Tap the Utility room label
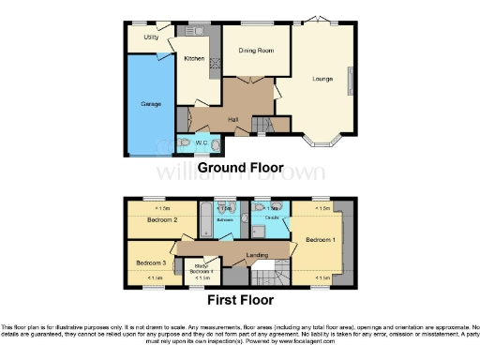pyautogui.click(x=151, y=37)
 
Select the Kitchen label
pyautogui.click(x=194, y=59)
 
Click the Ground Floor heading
pyautogui.click(x=239, y=166)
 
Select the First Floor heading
pyautogui.click(x=240, y=301)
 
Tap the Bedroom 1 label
pyautogui.click(x=318, y=239)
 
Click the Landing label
pyautogui.click(x=257, y=254)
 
